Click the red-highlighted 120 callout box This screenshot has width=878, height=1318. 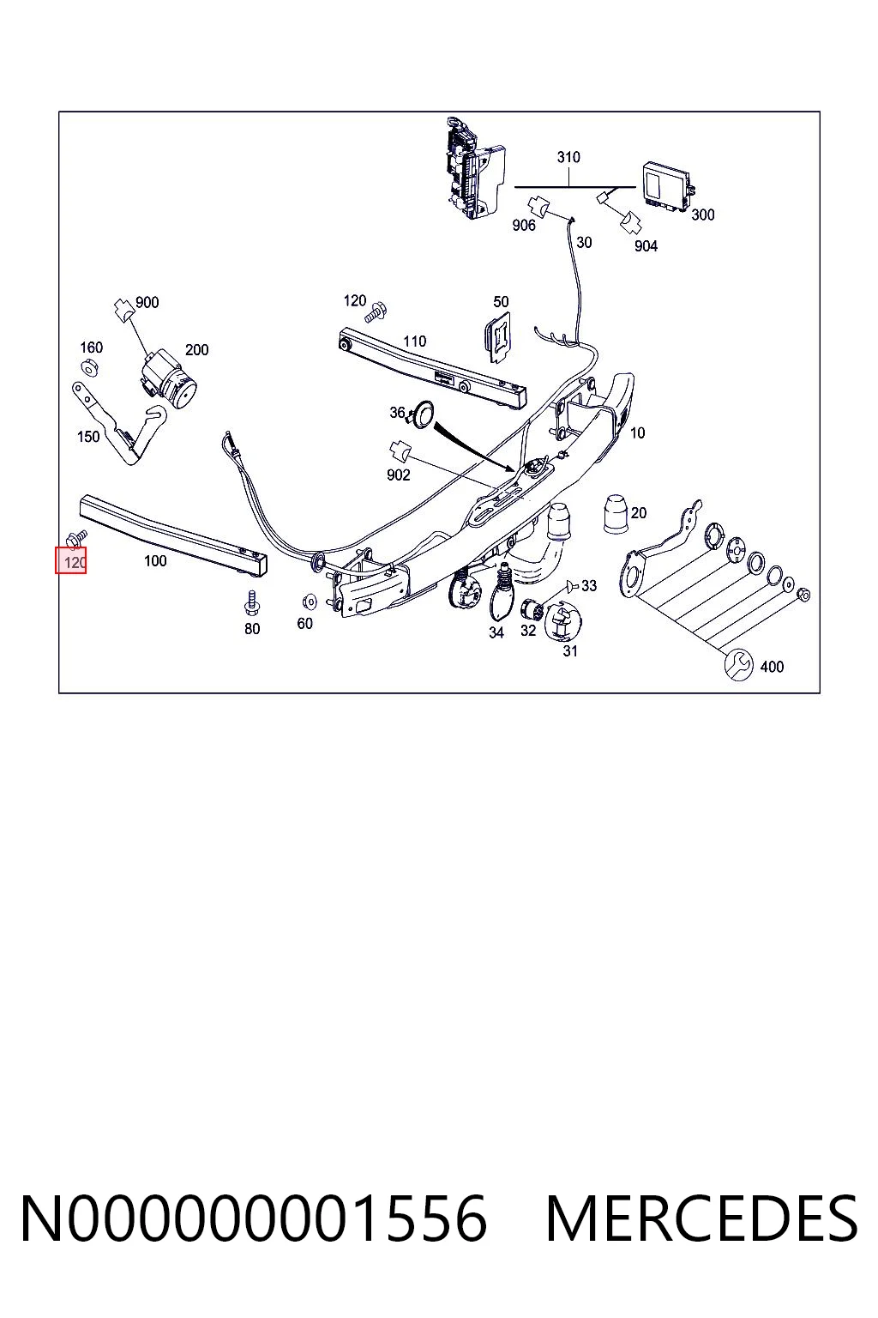coord(70,559)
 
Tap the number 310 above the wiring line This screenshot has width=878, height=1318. coord(568,157)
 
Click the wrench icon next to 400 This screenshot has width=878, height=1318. coord(738,664)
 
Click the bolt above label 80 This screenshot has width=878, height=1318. coord(252,603)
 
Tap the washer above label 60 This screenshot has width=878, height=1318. coord(308,602)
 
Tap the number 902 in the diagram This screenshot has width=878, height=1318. coord(398,475)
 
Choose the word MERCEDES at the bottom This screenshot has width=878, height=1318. coord(701,1219)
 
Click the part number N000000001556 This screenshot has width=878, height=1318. coord(254,1219)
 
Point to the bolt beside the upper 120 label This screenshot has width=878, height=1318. coord(376,311)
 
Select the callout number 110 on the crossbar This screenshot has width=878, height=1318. coord(414,342)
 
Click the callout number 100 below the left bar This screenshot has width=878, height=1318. coord(154,561)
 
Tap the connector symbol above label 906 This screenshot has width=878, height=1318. coord(538,207)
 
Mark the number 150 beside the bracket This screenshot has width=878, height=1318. coord(88,437)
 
